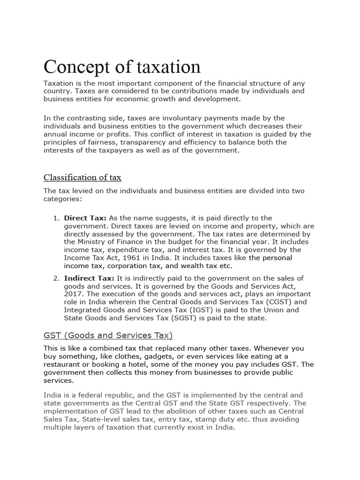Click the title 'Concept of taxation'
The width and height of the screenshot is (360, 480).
(122, 67)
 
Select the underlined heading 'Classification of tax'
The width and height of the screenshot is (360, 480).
(82, 177)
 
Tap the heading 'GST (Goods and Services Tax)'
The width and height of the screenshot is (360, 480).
(108, 335)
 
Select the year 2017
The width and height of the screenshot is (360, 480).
(74, 294)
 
